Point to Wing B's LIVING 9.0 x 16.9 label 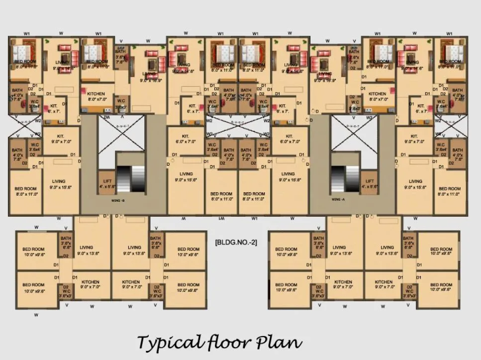tap(148, 77)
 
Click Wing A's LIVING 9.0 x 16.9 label tap(325, 77)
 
